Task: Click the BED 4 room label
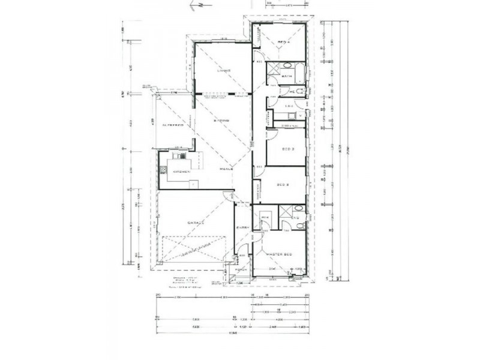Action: (284, 41)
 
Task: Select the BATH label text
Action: (287, 77)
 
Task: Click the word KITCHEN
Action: (182, 171)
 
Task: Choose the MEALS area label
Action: (226, 170)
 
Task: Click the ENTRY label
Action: (242, 227)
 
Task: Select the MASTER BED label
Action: (280, 255)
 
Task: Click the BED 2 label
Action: (284, 186)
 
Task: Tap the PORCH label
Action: (238, 271)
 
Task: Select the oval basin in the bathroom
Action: (286, 65)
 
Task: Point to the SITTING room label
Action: (221, 122)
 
